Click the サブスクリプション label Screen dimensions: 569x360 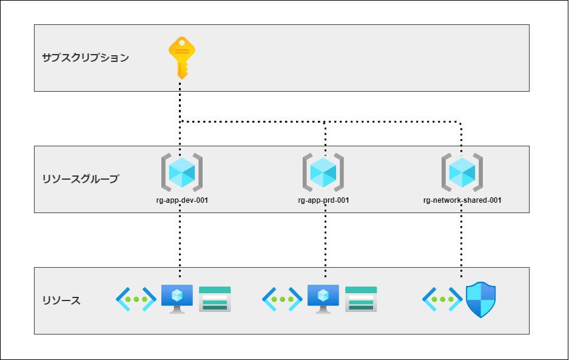point(86,58)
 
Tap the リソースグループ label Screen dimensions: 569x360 point(81,179)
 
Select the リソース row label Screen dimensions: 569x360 point(61,301)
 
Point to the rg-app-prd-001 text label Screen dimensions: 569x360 point(323,200)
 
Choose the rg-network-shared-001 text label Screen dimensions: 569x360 point(462,200)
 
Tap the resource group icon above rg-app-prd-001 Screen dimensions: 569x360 point(323,172)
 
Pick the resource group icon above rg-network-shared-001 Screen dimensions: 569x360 point(462,172)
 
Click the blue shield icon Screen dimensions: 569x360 point(480,300)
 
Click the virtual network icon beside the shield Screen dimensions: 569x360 point(442,299)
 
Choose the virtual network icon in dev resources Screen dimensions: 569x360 point(136,299)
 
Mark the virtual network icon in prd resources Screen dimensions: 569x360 point(282,299)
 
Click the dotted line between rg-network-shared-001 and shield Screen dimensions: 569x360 point(461,243)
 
